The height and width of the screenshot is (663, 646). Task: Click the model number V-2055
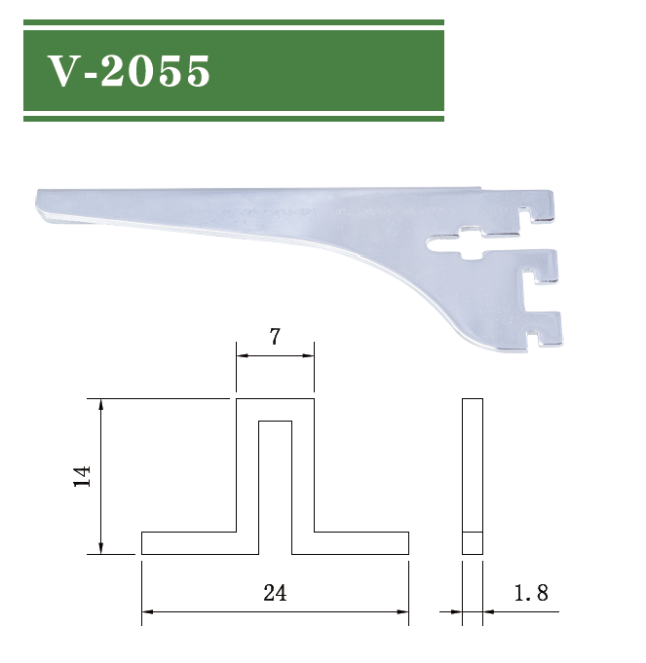[x=130, y=71]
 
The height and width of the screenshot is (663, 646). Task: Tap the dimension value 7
[x=275, y=338]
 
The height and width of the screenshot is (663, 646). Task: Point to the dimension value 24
[x=275, y=593]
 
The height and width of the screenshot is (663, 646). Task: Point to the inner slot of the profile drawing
[x=275, y=477]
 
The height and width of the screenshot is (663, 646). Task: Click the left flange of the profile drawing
[x=189, y=543]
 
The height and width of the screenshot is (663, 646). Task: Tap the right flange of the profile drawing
[x=361, y=543]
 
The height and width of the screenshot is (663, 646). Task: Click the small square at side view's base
[x=472, y=543]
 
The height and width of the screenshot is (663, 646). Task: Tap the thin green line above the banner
[x=234, y=21]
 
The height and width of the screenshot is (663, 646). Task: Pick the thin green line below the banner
[x=234, y=119]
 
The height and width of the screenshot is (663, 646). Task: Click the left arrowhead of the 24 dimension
[x=147, y=611]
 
